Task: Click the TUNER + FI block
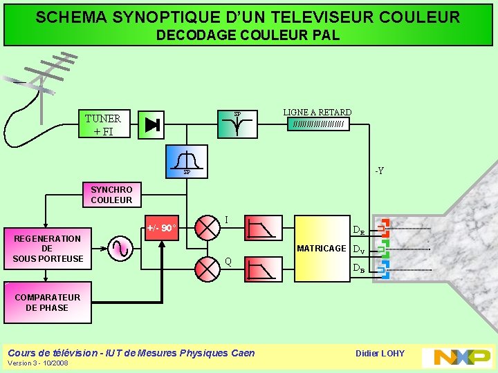click(x=103, y=124)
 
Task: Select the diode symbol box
click(x=152, y=125)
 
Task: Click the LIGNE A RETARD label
click(x=317, y=113)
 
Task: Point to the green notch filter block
click(x=237, y=124)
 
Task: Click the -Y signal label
click(x=379, y=171)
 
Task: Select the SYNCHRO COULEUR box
click(x=111, y=195)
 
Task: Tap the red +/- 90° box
click(x=162, y=227)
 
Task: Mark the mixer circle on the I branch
click(x=206, y=227)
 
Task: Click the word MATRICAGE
click(x=321, y=249)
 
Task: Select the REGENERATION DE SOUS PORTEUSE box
click(x=47, y=249)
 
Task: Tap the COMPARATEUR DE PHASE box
click(x=47, y=303)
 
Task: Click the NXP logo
click(x=462, y=356)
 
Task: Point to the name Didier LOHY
click(x=380, y=354)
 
